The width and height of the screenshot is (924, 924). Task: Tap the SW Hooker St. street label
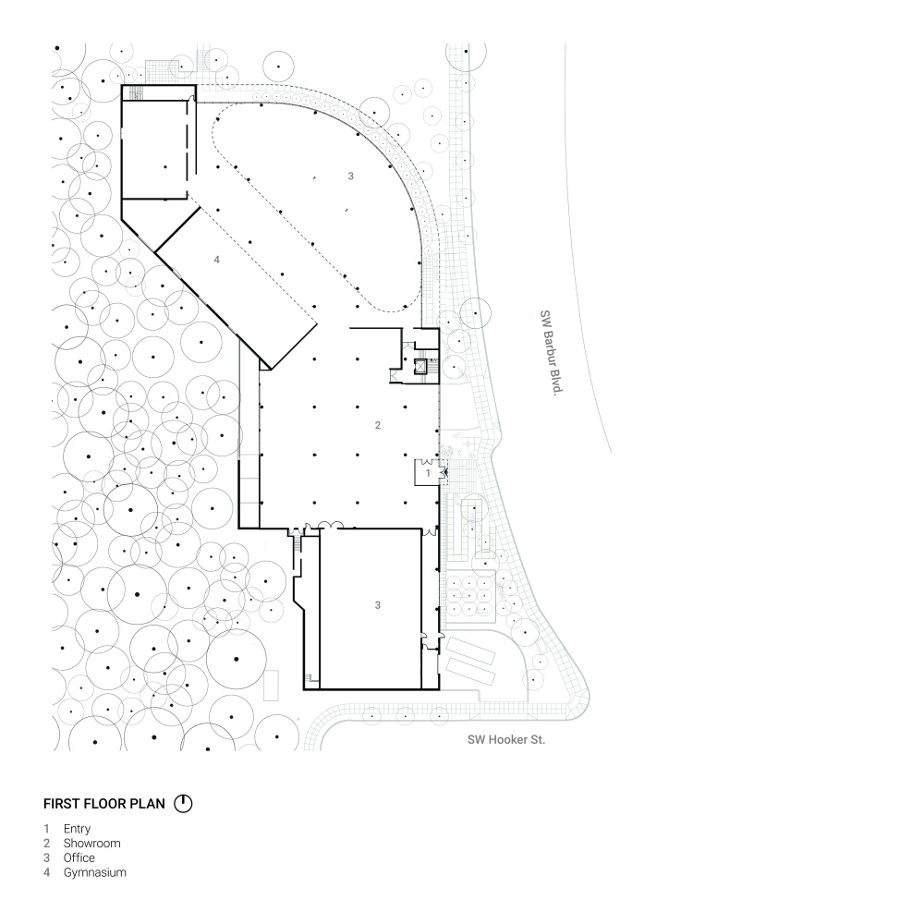(x=506, y=739)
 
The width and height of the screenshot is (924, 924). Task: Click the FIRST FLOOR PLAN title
(x=104, y=804)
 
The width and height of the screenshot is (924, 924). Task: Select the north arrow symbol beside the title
(x=183, y=803)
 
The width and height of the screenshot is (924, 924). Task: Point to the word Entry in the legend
(x=78, y=829)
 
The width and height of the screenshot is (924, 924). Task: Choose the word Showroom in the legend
(x=91, y=844)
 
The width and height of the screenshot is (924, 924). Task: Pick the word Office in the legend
(x=79, y=858)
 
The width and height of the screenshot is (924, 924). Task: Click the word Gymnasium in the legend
(x=95, y=873)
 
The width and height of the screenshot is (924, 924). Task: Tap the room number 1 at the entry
(x=428, y=473)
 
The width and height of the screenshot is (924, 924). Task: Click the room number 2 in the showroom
(x=378, y=425)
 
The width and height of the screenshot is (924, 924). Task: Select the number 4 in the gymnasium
(x=217, y=260)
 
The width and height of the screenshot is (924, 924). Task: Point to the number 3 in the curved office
(x=350, y=176)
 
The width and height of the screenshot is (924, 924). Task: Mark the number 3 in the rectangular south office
(x=378, y=605)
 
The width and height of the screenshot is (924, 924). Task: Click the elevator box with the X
(x=420, y=366)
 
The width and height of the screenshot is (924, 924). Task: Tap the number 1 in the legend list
(x=46, y=829)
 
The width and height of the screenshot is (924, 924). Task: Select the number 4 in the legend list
(x=46, y=873)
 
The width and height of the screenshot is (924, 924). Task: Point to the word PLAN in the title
(x=147, y=804)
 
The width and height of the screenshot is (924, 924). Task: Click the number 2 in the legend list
(x=46, y=844)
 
